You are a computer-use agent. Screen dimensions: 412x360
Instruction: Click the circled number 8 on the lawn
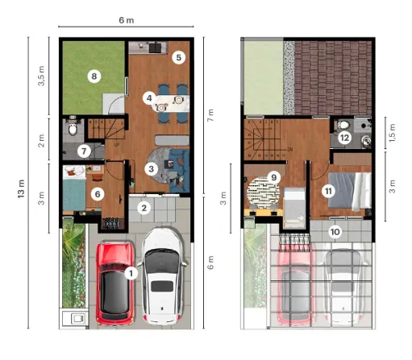coord(94,77)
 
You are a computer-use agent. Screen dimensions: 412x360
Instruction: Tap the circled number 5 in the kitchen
coord(179,57)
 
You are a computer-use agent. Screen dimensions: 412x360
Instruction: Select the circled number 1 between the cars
coord(131,274)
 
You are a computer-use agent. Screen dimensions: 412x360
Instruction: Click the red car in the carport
coord(115,283)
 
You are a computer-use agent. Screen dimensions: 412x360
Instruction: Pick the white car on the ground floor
coord(163,276)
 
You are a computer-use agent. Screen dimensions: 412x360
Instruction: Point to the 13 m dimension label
coord(21,189)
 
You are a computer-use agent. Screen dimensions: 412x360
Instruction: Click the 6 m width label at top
coord(127,20)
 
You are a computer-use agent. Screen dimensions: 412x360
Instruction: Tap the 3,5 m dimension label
coord(41,76)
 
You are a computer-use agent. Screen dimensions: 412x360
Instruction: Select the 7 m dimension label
coord(210,115)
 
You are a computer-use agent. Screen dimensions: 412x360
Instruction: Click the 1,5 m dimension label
coord(392,133)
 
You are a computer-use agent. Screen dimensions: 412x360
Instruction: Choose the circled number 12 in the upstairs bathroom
coord(344,138)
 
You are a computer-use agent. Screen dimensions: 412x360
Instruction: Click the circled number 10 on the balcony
coord(335,232)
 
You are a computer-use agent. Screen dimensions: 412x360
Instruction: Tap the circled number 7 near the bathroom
coord(84,151)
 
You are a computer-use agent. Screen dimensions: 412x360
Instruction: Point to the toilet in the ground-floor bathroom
coord(73,128)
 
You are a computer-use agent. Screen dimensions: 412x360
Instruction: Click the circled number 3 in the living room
coord(152,169)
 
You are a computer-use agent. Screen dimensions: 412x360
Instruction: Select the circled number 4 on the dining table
coord(149,98)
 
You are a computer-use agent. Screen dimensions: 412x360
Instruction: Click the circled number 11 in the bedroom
coord(328,191)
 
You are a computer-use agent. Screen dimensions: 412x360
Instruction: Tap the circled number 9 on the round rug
coord(274,177)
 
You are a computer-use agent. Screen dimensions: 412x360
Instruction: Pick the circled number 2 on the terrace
coord(144,208)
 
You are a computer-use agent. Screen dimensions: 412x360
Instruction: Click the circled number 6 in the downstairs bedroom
coord(98,194)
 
